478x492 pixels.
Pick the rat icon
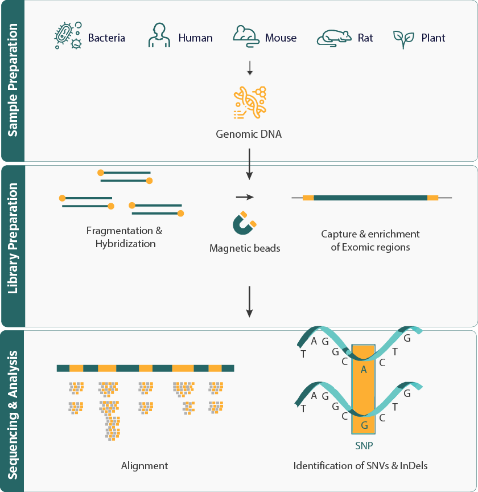click(334, 37)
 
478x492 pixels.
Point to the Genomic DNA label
click(249, 135)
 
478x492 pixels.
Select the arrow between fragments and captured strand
click(244, 197)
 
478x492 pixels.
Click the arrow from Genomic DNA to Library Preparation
click(249, 163)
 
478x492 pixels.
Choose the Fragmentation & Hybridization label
click(124, 237)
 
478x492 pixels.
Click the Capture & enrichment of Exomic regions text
click(370, 240)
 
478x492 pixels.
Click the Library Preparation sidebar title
click(13, 246)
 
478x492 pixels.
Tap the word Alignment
click(145, 465)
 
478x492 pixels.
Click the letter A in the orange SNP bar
click(364, 370)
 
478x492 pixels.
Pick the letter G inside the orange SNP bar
click(365, 425)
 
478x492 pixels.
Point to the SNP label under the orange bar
click(364, 445)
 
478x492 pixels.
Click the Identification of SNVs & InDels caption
click(360, 465)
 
